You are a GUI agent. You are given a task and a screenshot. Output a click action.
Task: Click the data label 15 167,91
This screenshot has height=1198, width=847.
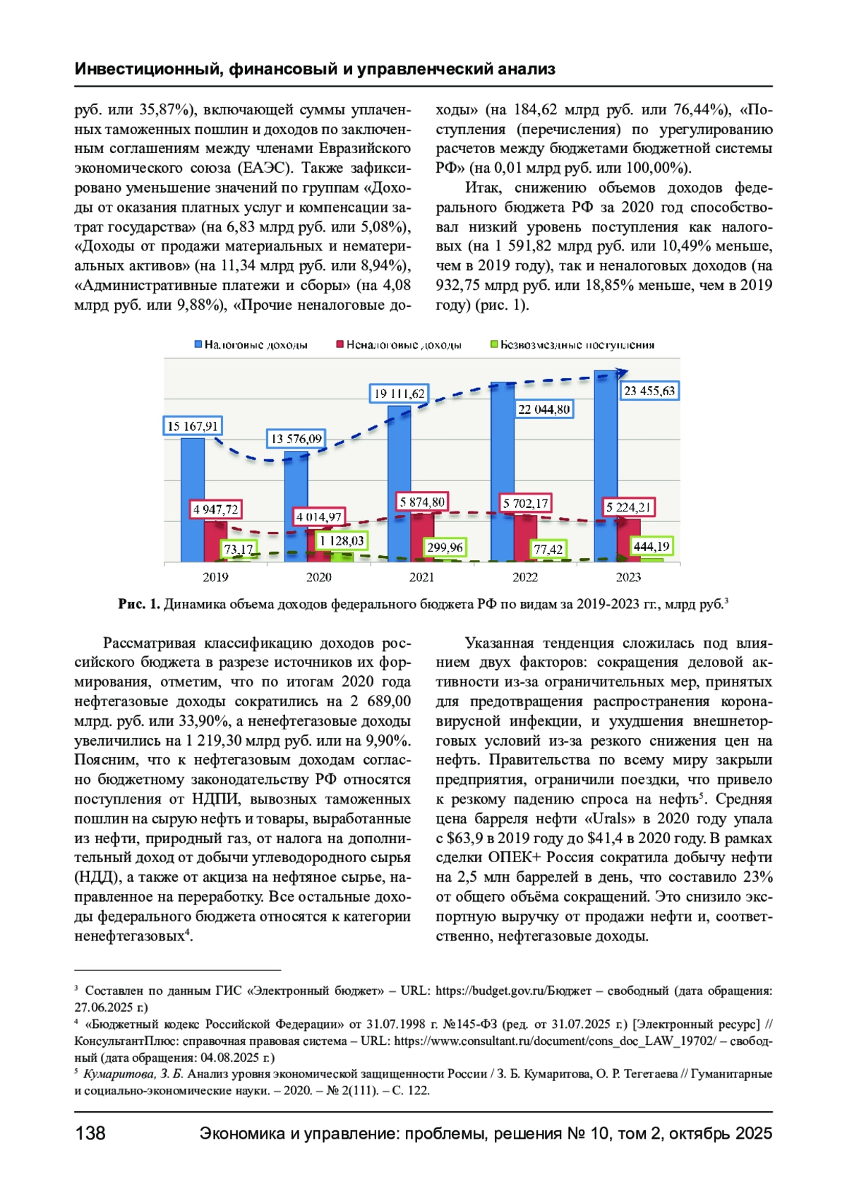(193, 426)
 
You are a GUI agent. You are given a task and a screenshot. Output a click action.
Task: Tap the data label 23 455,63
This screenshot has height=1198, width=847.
(649, 391)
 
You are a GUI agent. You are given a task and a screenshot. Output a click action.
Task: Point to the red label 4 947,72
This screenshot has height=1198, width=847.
(216, 509)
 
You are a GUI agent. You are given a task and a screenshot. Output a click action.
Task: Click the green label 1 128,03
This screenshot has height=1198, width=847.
(342, 541)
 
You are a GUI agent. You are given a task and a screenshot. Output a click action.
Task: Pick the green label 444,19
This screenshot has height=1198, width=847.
(651, 546)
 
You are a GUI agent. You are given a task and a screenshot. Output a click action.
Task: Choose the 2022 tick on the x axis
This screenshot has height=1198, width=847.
(525, 577)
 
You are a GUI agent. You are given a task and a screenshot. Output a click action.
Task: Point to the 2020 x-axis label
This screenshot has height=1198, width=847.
(318, 577)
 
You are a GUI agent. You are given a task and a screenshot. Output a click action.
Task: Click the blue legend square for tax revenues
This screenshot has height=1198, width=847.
(198, 345)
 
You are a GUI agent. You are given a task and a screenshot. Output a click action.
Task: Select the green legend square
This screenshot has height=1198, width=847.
(494, 345)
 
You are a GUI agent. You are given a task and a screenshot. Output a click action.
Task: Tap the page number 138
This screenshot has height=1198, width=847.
(90, 1133)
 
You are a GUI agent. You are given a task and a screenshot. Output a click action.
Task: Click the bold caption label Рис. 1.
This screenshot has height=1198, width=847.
(139, 604)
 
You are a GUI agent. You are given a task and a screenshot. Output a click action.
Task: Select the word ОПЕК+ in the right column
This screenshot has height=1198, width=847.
(512, 857)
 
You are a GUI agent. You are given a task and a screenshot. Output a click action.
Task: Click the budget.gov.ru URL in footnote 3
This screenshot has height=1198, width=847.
(513, 991)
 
